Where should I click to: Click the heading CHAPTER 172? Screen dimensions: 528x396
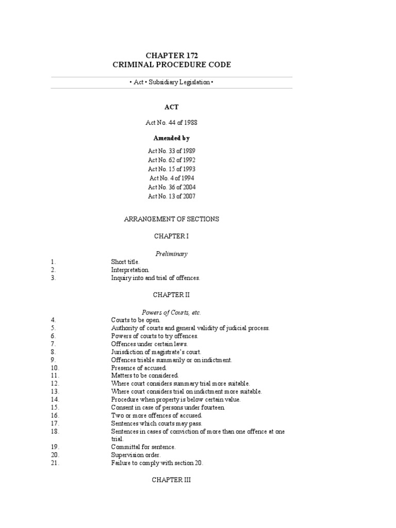coord(172,55)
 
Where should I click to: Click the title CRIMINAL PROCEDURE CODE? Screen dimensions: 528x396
coord(172,65)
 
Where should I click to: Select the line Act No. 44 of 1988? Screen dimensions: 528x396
coord(172,123)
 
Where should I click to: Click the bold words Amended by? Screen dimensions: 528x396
coord(172,138)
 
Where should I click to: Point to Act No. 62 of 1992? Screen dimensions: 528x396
coord(172,160)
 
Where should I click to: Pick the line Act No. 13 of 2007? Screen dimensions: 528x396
coord(172,196)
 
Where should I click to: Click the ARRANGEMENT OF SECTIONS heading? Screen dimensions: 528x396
coord(172,219)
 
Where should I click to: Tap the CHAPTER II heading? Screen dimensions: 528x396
coord(172,294)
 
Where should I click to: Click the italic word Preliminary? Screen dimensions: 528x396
coord(172,254)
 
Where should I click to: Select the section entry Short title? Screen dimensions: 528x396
coord(125,262)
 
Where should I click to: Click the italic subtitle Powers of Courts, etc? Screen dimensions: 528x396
coord(172,312)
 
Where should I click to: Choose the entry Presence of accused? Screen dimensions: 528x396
coord(139,368)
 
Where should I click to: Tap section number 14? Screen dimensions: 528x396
coord(55,400)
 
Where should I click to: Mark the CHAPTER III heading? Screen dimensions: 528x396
coord(172,480)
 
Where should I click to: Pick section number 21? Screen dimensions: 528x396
coord(55,463)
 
